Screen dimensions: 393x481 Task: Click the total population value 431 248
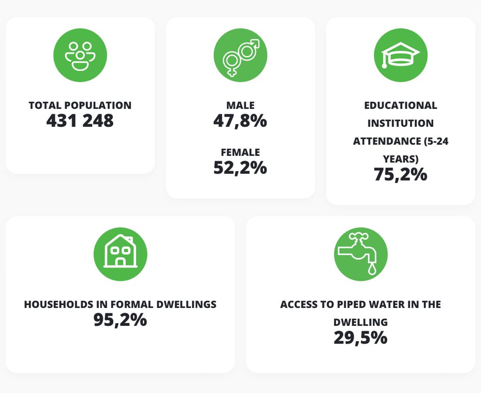[x=80, y=121]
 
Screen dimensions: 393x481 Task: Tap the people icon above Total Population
[x=80, y=55]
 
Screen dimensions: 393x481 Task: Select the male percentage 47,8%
[x=240, y=121]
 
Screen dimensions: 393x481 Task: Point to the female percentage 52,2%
[x=240, y=168]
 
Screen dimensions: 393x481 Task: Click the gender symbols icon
[x=240, y=55]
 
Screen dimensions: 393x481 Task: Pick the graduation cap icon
[x=400, y=55]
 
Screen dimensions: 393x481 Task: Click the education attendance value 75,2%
[x=400, y=174]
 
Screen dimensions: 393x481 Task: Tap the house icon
[x=120, y=254]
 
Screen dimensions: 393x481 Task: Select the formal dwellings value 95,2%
[x=120, y=320]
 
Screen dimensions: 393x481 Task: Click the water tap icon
[x=360, y=254]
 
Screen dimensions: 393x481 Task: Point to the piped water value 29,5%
[x=360, y=338]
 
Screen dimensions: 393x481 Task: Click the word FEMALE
[x=240, y=153]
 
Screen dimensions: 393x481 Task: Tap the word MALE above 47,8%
[x=240, y=106]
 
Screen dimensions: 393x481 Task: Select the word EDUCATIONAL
[x=400, y=106]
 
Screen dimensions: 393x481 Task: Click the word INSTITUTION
[x=400, y=123]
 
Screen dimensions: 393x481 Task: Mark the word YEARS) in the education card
[x=400, y=159]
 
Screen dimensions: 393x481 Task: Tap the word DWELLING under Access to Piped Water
[x=360, y=323]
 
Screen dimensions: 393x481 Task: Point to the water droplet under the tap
[x=372, y=269]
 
